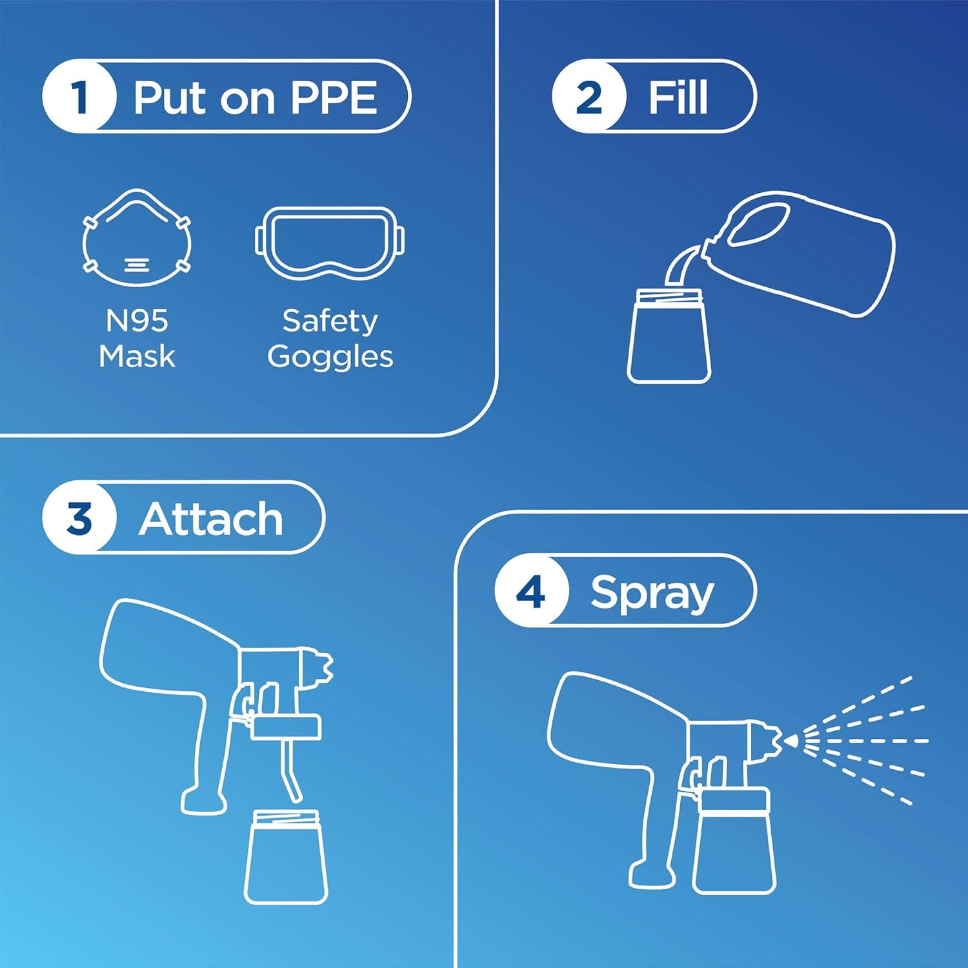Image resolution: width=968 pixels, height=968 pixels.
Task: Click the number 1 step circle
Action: point(79,97)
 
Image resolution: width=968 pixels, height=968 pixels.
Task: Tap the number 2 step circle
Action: point(589,97)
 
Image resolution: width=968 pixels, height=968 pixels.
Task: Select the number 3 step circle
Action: point(79,518)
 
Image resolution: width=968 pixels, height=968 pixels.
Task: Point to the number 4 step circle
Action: point(531,591)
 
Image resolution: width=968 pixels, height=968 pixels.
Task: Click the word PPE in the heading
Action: point(333,97)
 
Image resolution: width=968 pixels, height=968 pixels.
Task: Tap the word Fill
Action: point(678,97)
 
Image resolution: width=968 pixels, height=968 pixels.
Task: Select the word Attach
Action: point(211,519)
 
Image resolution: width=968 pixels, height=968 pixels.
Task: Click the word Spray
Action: point(652,592)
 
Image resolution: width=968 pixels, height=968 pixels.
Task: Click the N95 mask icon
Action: point(137,238)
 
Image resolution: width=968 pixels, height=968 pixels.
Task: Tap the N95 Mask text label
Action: point(137,338)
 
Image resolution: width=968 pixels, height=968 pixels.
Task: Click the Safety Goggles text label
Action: point(330,338)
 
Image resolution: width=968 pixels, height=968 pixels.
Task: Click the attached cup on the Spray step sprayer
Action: point(734,842)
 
